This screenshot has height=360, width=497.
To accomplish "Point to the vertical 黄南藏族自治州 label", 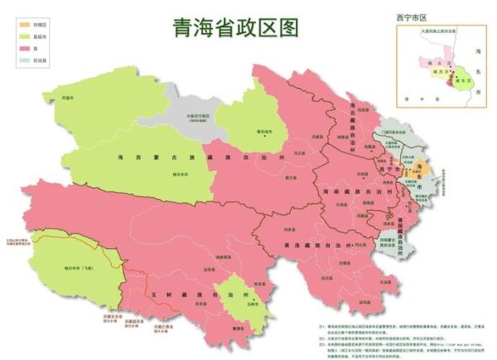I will [x=403, y=217].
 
